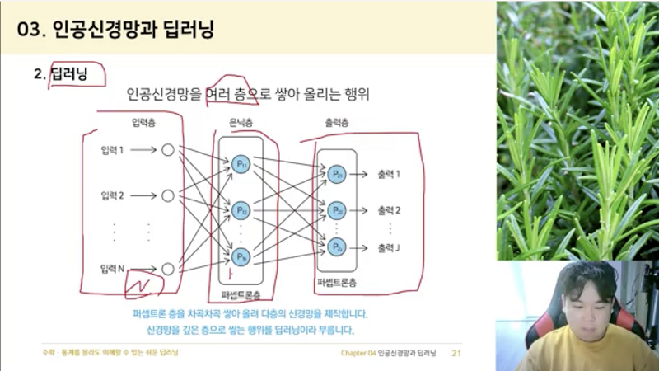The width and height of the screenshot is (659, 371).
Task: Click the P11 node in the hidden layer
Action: pos(241,163)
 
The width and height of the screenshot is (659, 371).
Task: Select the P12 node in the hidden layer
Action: pos(241,210)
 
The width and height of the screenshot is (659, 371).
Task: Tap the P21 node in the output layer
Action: pos(337,174)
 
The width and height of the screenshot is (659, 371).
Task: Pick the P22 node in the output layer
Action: pos(337,210)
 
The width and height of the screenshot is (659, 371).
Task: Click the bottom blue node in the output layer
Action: pos(337,247)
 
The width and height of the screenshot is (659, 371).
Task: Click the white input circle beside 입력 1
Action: pos(168,150)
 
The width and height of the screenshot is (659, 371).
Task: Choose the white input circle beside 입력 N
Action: pos(168,269)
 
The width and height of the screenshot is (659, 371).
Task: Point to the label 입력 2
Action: pos(112,196)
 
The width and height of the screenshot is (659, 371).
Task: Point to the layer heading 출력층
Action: pos(337,123)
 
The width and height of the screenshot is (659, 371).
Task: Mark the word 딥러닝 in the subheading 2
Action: pos(68,73)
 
